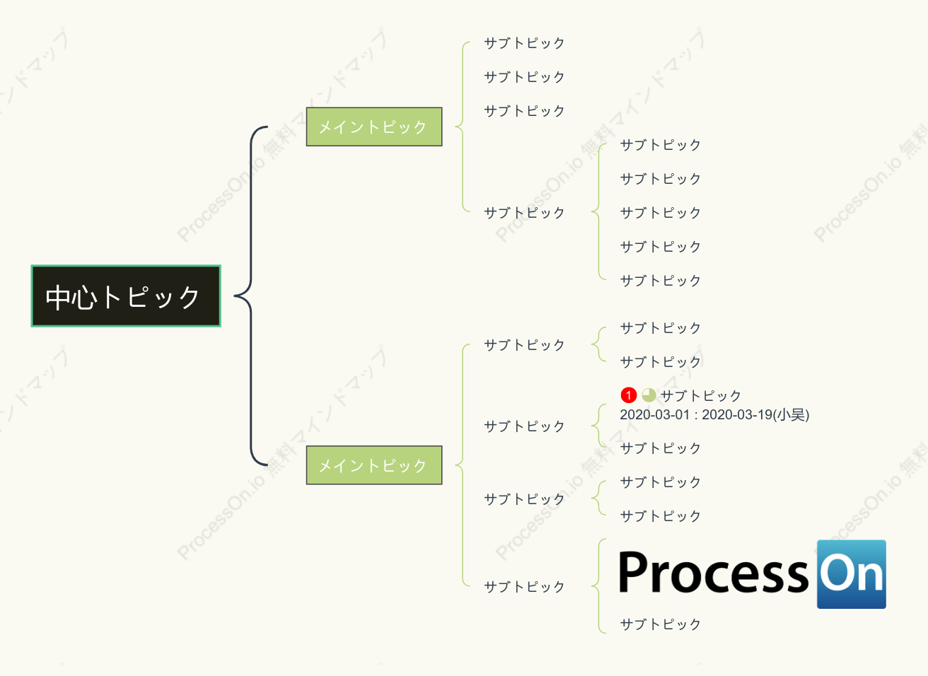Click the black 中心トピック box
pos(126,296)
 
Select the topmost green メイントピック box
pos(374,127)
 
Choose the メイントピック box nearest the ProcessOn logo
pos(374,465)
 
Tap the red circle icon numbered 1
pos(629,395)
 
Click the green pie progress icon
pos(649,395)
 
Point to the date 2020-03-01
pos(654,414)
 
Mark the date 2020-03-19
pos(737,414)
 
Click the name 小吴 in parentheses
pos(791,414)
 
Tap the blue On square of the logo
pos(852,574)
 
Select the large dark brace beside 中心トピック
pos(251,296)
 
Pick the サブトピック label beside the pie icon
pos(700,395)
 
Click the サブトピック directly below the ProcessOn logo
pos(660,624)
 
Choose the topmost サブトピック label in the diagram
pos(524,43)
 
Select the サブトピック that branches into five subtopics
pos(524,213)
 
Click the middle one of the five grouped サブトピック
pos(660,213)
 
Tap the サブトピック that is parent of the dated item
pos(524,426)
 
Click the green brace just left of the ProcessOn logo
pos(598,586)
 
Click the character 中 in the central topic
pos(57,297)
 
